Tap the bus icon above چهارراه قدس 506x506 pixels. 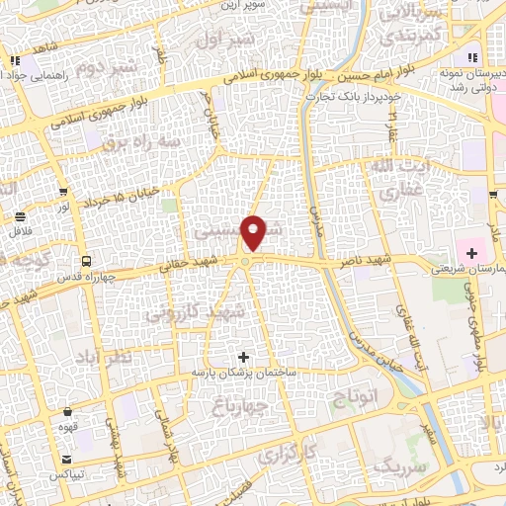87,261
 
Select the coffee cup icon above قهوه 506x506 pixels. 67,412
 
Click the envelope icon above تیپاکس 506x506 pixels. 66,460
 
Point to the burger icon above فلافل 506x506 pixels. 20,216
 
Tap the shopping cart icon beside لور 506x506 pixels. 64,193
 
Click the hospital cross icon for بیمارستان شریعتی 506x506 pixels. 472,254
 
